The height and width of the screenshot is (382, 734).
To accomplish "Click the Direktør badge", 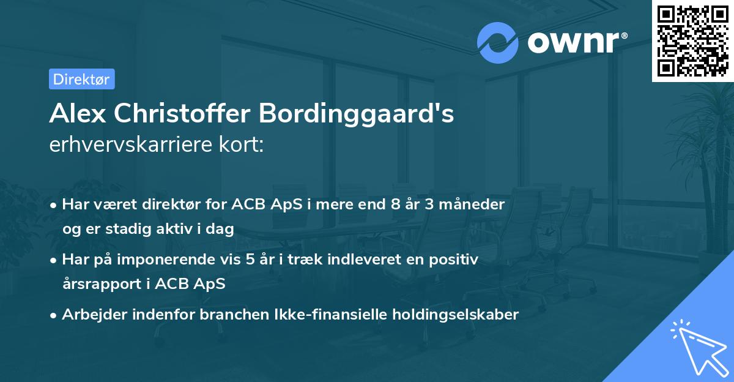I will click(81, 79).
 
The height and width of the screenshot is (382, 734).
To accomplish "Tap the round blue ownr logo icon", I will click(498, 42).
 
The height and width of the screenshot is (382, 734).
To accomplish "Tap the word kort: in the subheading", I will click(242, 146).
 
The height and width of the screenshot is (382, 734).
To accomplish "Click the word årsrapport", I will click(101, 284).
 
